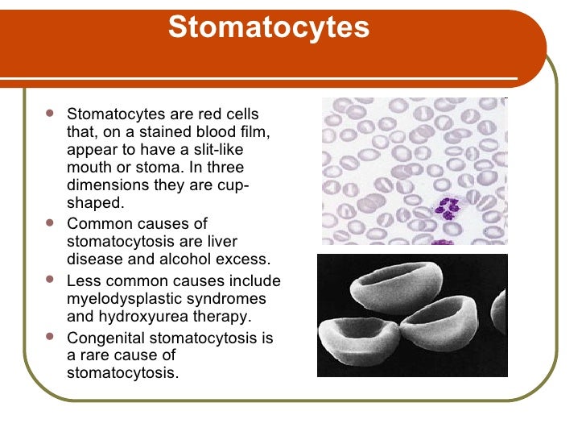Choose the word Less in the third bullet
[82, 281]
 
